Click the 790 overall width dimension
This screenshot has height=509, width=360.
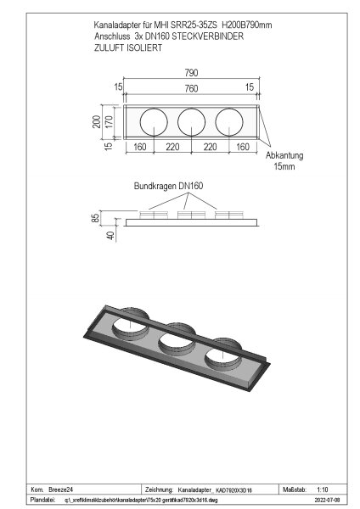[192, 74]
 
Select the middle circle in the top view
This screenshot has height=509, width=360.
[192, 123]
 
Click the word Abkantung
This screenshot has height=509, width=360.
[284, 157]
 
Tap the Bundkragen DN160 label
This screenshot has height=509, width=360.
[168, 185]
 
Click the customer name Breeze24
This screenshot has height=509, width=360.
[62, 490]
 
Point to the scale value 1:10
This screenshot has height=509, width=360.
[323, 490]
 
